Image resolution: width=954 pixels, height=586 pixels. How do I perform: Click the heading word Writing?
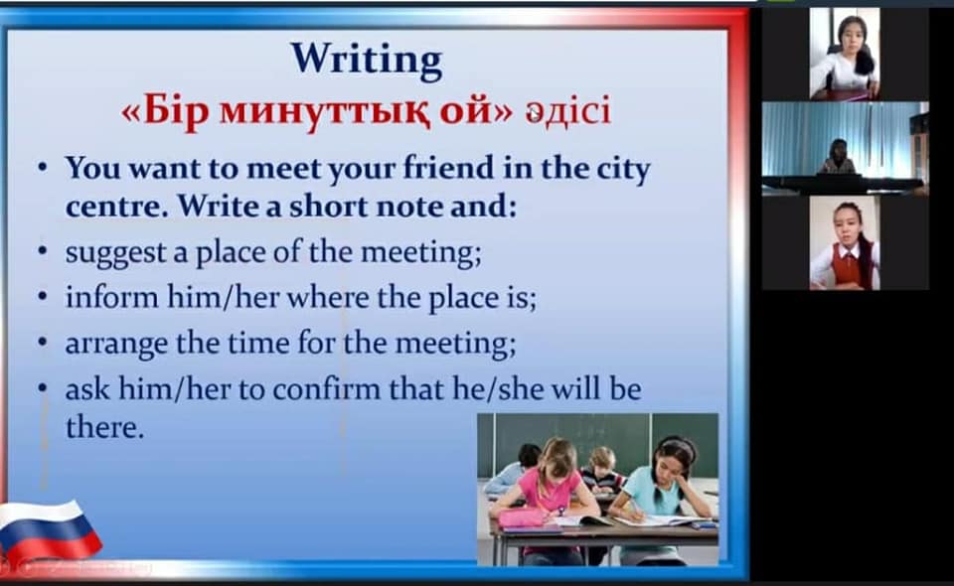(367, 61)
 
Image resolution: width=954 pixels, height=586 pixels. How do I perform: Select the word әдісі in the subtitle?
(567, 112)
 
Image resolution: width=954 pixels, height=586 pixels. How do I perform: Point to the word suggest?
(115, 253)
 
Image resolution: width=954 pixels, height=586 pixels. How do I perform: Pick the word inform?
(111, 297)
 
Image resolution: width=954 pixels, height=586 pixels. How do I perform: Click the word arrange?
(116, 344)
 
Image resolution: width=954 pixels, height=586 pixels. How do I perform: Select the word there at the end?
(104, 427)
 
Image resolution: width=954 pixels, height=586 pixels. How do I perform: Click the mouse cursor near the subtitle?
(533, 113)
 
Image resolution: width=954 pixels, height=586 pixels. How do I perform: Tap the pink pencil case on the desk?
(522, 517)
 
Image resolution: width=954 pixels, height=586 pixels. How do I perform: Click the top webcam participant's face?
(851, 37)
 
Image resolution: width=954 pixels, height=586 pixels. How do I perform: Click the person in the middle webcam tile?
(839, 157)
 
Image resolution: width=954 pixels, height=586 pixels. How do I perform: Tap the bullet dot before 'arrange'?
(42, 342)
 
